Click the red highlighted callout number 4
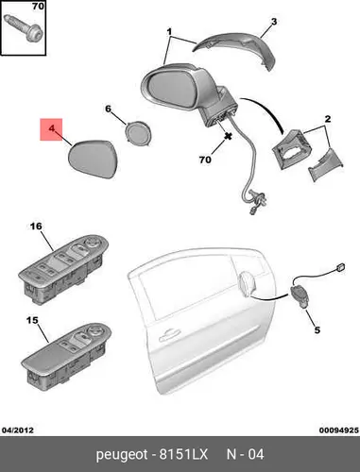click(51, 128)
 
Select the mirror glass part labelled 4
click(94, 159)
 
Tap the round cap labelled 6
click(137, 133)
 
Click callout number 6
click(108, 109)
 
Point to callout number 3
click(274, 22)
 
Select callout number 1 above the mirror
click(169, 32)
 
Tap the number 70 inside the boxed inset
click(38, 6)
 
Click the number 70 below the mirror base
click(205, 160)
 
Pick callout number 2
click(328, 119)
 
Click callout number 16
click(36, 227)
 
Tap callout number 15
click(32, 320)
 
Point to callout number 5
click(317, 329)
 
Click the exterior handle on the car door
click(169, 336)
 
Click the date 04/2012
click(17, 430)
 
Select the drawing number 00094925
click(339, 430)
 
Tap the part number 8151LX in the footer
click(183, 455)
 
